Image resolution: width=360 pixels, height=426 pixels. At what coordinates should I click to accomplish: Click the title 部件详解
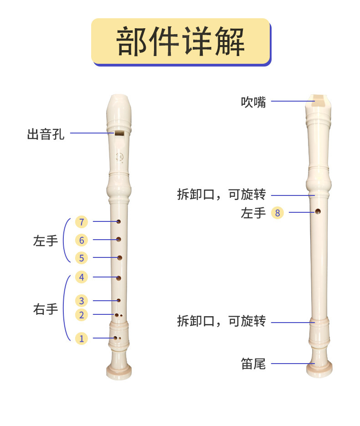[x=180, y=41]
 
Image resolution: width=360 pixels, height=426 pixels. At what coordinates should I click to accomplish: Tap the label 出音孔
[x=46, y=134]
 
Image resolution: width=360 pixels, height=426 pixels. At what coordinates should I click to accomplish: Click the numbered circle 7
[x=82, y=222]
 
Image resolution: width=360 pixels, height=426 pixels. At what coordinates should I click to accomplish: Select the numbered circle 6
[x=82, y=240]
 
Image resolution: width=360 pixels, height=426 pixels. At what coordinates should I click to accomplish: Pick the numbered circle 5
[x=82, y=258]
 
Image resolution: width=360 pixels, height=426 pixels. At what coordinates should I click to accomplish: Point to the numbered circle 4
[x=82, y=277]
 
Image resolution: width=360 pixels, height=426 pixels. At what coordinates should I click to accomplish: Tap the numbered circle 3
[x=82, y=301]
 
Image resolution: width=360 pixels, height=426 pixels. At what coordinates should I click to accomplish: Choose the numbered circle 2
[x=82, y=314]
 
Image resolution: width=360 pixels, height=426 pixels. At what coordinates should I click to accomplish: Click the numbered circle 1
[x=82, y=338]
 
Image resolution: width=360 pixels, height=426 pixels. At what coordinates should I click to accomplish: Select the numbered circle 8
[x=277, y=212]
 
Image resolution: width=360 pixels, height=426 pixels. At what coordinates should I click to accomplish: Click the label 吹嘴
[x=253, y=102]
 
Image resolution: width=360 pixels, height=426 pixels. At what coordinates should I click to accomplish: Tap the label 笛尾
[x=253, y=364]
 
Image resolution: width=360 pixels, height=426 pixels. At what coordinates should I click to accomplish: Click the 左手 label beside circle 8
[x=253, y=212]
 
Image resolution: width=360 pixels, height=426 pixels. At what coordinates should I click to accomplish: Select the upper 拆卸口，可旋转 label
[x=221, y=195]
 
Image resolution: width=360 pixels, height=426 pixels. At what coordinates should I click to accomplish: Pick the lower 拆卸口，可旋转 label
[x=221, y=322]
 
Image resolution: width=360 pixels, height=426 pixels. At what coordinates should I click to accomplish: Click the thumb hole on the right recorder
[x=318, y=211]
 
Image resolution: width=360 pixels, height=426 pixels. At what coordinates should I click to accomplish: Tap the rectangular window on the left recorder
[x=118, y=133]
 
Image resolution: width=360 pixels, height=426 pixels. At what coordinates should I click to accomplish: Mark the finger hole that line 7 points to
[x=118, y=222]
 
